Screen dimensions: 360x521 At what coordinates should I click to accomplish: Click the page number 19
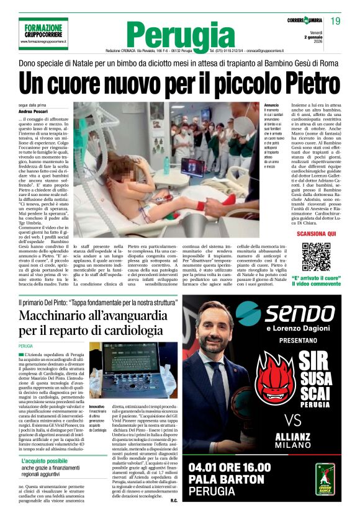(x=336, y=22)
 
